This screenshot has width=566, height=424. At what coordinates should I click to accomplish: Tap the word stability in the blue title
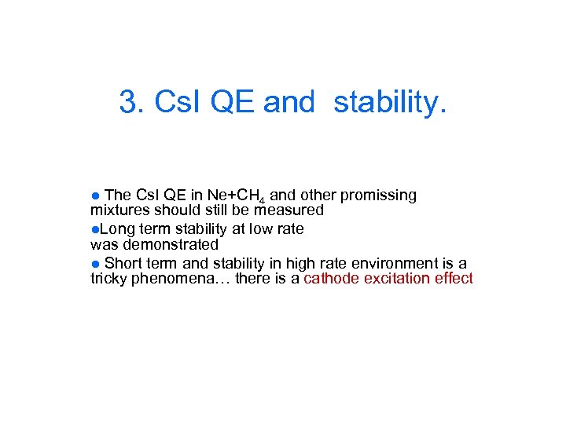[x=389, y=101]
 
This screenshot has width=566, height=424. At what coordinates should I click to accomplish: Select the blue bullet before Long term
[x=94, y=229]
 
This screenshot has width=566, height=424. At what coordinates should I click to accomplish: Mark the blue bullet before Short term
[x=95, y=263]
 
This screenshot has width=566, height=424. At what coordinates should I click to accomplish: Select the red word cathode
[x=330, y=279]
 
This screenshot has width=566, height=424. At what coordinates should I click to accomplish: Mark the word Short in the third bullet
[x=121, y=263]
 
